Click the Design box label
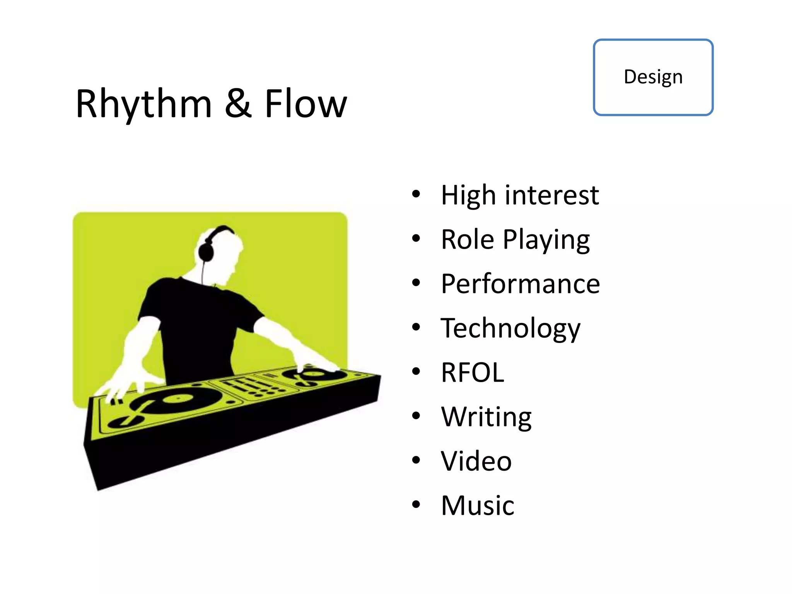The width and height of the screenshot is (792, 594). tap(653, 77)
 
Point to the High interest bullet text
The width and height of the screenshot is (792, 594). tap(520, 195)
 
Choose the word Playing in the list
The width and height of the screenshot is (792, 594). tap(546, 240)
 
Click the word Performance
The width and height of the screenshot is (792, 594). tap(520, 284)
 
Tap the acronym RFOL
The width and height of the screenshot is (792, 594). tap(473, 372)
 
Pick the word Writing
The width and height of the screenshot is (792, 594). tap(486, 417)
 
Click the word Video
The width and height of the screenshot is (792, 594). tap(476, 461)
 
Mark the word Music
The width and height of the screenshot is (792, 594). tap(478, 505)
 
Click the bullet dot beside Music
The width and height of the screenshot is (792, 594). tap(416, 504)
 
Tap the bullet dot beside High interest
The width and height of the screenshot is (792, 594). tap(416, 194)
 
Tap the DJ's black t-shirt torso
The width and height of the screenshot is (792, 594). tap(197, 329)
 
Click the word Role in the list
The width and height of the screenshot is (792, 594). tap(467, 240)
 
